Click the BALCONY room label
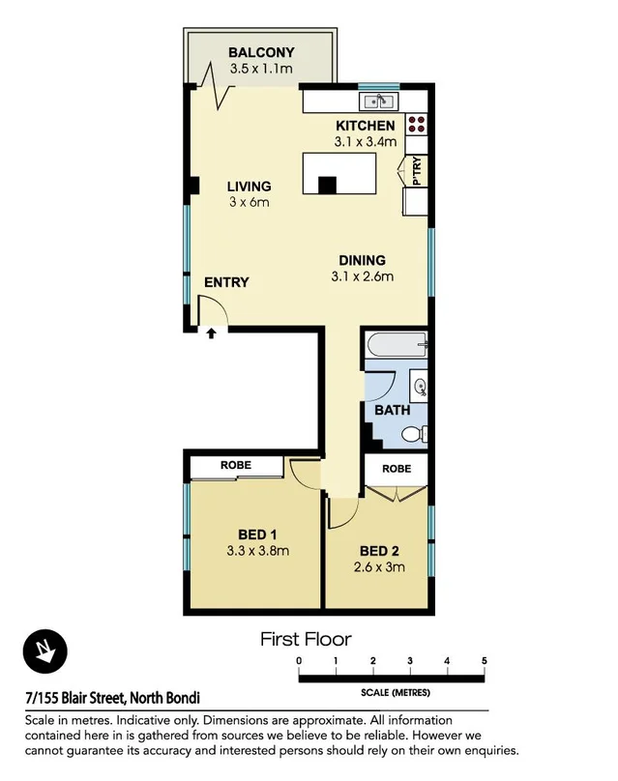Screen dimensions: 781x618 261,52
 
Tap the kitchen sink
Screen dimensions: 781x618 376,101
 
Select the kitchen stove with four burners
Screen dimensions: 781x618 417,124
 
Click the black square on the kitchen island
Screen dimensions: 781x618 328,185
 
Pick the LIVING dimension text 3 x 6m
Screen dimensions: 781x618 249,203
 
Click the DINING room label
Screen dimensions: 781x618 363,260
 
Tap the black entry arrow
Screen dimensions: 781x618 212,333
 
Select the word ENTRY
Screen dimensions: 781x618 226,283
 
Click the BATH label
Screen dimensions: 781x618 393,411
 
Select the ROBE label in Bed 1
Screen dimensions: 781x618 236,466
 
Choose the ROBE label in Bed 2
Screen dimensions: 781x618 396,469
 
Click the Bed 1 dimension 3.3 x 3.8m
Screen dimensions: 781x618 257,552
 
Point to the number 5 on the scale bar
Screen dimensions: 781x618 484,660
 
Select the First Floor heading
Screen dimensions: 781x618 306,639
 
